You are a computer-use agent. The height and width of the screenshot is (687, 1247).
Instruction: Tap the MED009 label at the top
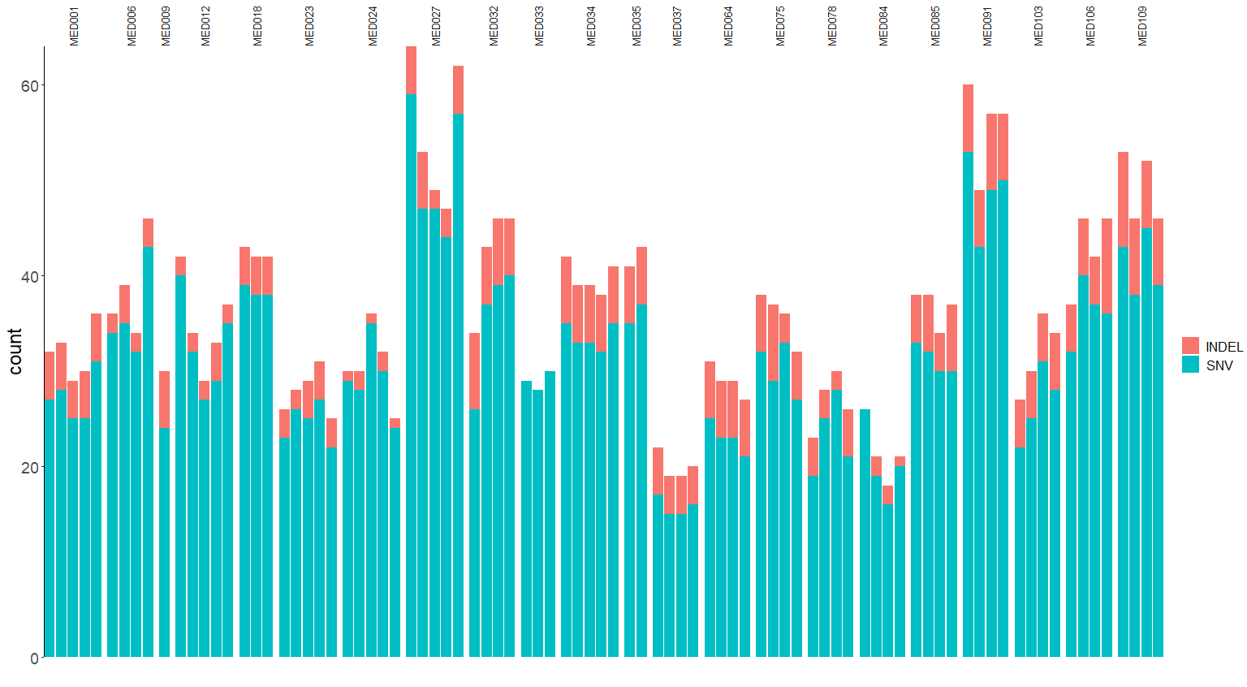[166, 26]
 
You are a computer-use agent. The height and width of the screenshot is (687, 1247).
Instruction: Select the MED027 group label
[436, 26]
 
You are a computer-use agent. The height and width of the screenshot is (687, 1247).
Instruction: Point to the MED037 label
[678, 26]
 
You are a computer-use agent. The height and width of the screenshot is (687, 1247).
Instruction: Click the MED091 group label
[987, 26]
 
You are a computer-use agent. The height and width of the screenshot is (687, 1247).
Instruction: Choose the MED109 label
[1142, 26]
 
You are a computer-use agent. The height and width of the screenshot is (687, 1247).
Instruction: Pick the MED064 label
[728, 26]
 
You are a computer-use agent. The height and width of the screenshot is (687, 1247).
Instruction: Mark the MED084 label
[883, 26]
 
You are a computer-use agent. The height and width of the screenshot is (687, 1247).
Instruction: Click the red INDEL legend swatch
[1190, 345]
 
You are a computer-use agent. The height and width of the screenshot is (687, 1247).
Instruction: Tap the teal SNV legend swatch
[1190, 365]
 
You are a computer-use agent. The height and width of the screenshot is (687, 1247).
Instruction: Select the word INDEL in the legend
[1223, 347]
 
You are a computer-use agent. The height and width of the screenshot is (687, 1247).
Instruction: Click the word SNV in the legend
[1219, 366]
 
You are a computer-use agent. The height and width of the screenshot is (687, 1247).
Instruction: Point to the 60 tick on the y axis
[30, 86]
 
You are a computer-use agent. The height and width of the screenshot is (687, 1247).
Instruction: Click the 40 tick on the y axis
[30, 277]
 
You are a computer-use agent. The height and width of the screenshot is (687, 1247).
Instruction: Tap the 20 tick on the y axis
[30, 468]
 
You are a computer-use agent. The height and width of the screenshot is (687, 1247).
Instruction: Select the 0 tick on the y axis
[34, 659]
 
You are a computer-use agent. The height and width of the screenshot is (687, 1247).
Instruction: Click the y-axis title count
[15, 352]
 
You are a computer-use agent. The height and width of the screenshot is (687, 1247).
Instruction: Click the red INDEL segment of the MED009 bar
[165, 400]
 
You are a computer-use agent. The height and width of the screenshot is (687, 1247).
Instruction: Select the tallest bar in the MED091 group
[968, 370]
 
